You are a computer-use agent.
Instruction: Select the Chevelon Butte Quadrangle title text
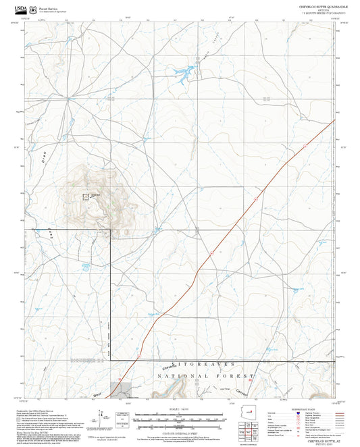319,5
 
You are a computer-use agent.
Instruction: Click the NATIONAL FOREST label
205,375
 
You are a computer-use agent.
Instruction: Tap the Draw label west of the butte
46,163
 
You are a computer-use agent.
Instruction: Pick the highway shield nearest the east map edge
305,145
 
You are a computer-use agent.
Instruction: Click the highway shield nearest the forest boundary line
140,352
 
